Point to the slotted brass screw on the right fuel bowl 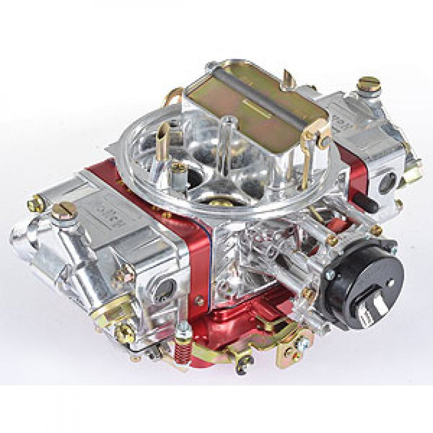pos(371,83)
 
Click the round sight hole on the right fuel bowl pos(386,182)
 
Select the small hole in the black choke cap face pos(388,282)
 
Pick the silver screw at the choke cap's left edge pos(330,275)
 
